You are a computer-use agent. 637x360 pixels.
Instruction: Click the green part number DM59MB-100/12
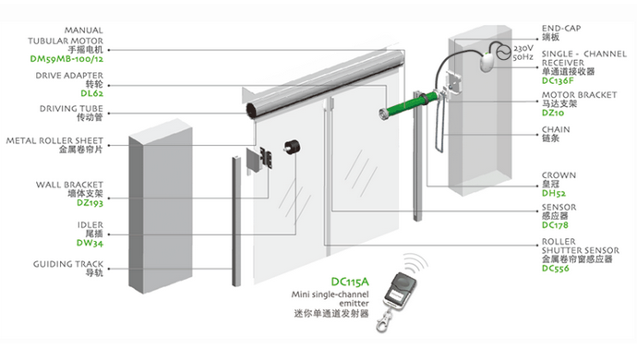[x=66, y=59]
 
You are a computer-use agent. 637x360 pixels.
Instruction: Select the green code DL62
[x=91, y=93]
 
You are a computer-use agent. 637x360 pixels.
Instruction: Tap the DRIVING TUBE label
[x=71, y=109]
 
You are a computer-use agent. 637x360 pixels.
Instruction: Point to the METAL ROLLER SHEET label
[x=54, y=140]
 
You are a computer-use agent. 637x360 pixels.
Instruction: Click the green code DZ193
[x=90, y=203]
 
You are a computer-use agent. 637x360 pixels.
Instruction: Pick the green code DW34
[x=90, y=243]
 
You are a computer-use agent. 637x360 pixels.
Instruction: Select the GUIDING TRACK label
[x=68, y=264]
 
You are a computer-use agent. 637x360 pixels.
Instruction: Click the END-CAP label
[x=561, y=28]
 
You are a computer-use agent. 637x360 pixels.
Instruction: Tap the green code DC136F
[x=558, y=81]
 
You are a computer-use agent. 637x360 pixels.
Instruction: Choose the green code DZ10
[x=553, y=113]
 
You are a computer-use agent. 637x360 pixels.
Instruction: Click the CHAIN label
[x=556, y=129]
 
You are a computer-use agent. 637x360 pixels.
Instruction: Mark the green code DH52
[x=554, y=194]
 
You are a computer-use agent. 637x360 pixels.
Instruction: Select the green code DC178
[x=555, y=225]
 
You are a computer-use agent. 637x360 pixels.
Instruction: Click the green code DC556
[x=556, y=269]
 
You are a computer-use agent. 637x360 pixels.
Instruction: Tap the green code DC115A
[x=350, y=282]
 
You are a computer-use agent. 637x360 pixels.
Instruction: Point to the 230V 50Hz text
[x=523, y=53]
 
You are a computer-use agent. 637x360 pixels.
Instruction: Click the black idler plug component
[x=292, y=147]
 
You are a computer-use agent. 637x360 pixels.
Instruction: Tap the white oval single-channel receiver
[x=487, y=63]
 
